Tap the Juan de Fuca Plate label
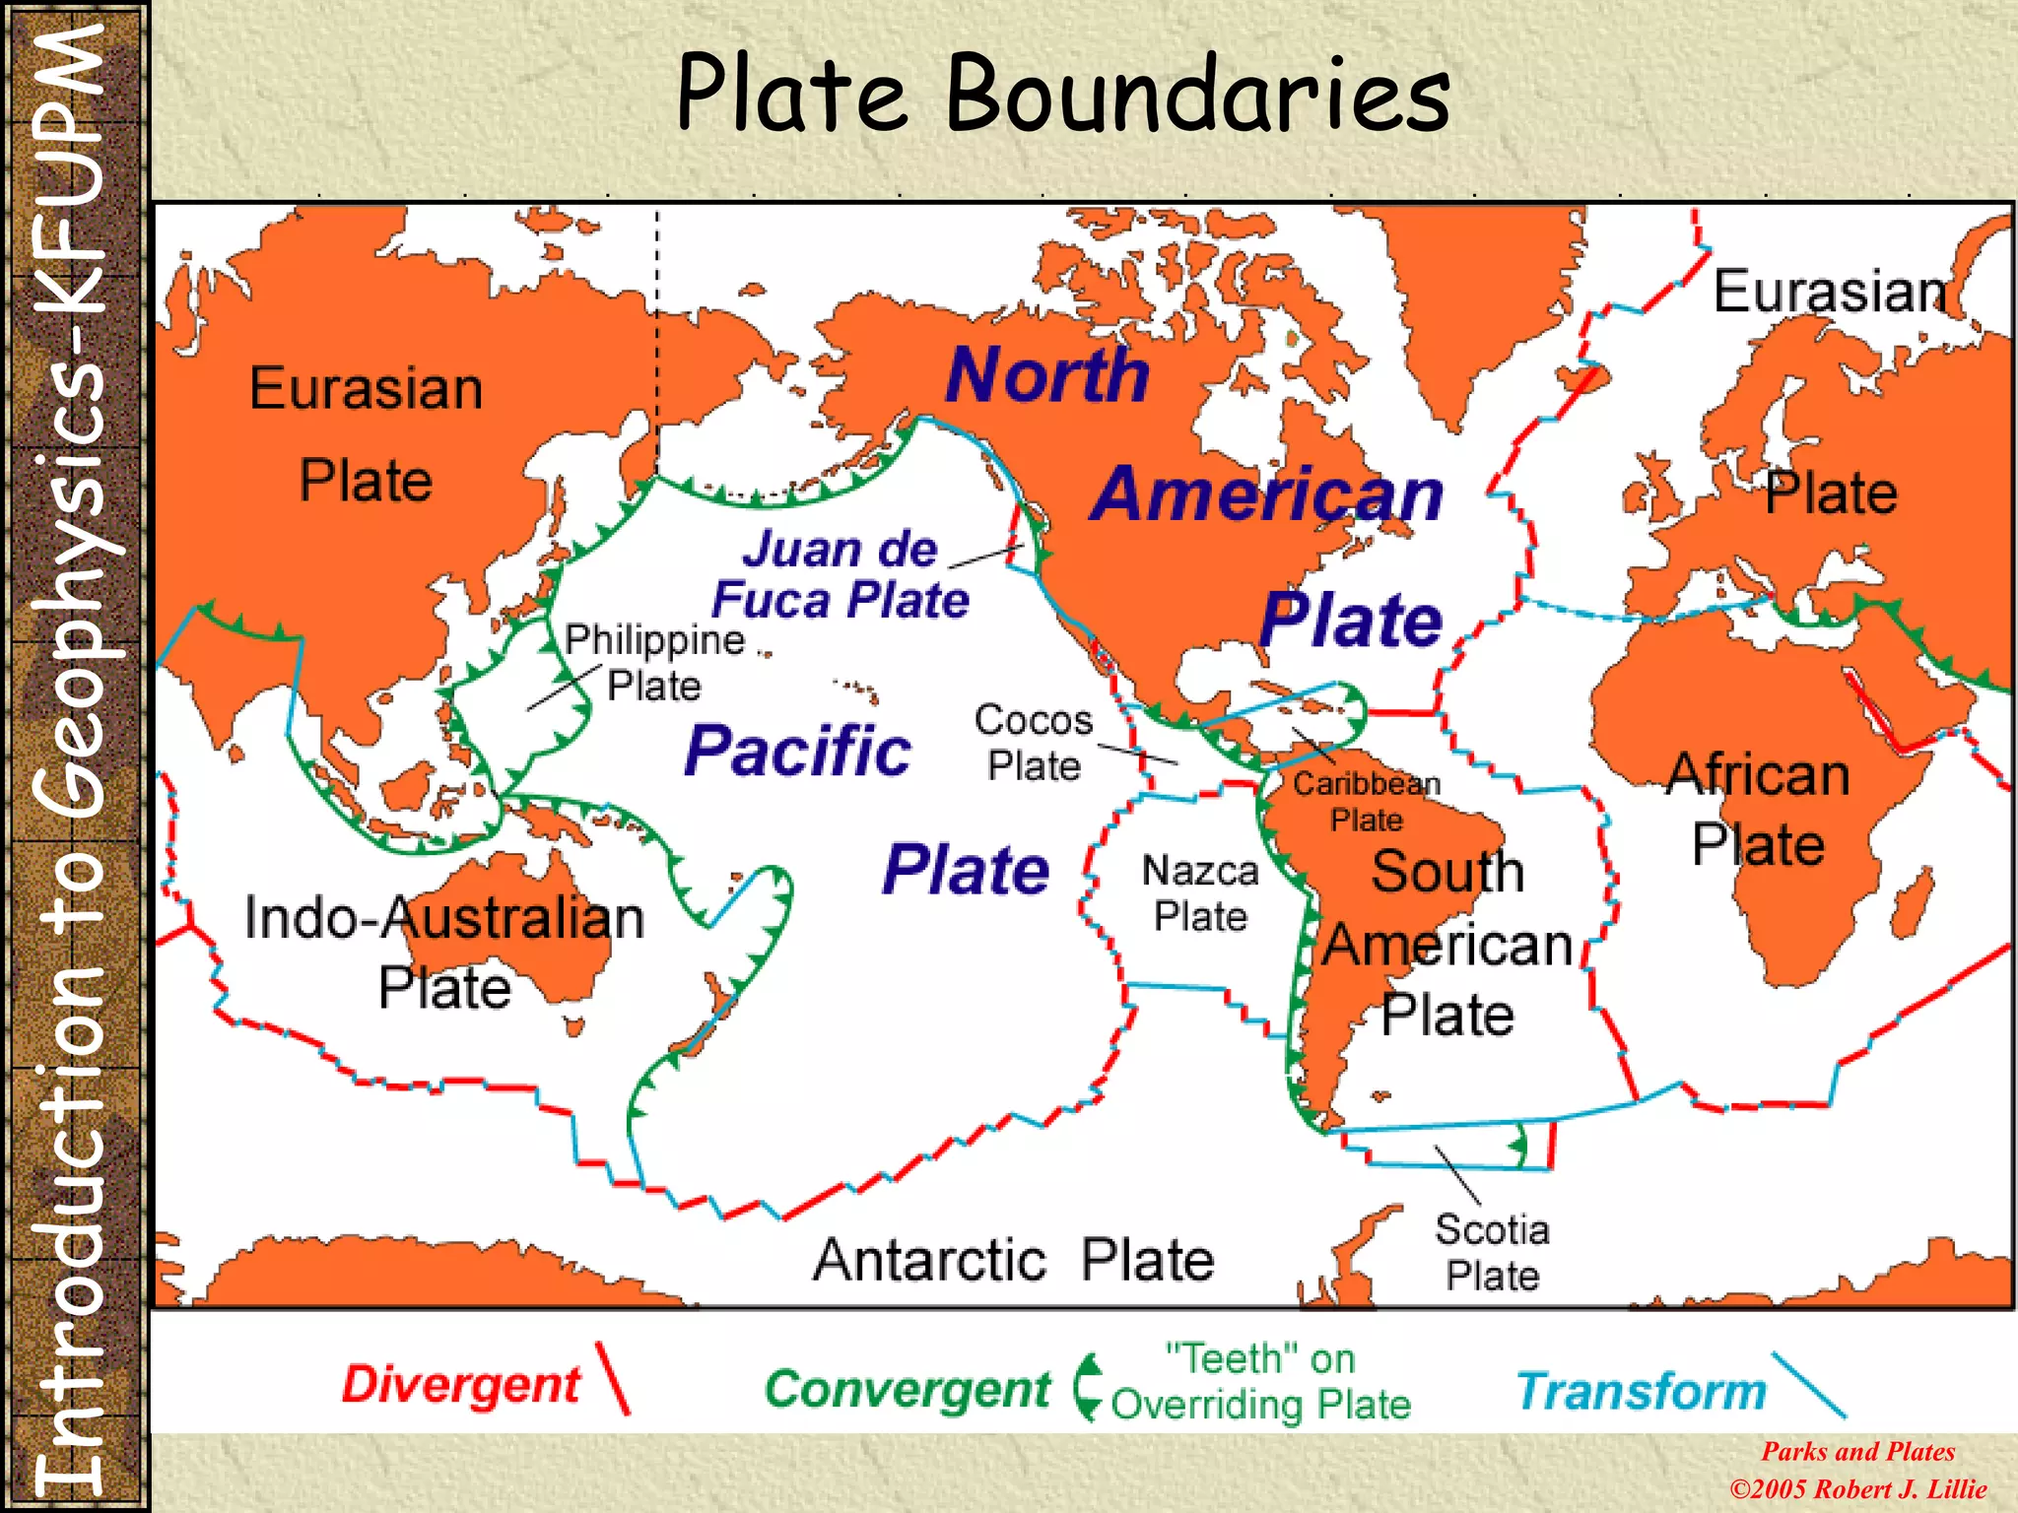pyautogui.click(x=841, y=574)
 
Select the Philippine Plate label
pyautogui.click(x=654, y=662)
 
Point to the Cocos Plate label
pyautogui.click(x=1034, y=742)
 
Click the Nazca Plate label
pyautogui.click(x=1200, y=893)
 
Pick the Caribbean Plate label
pyautogui.click(x=1367, y=801)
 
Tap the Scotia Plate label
pyautogui.click(x=1492, y=1252)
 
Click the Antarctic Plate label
pyautogui.click(x=1013, y=1260)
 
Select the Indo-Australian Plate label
pyautogui.click(x=444, y=952)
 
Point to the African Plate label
pyautogui.click(x=1758, y=809)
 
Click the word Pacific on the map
pyautogui.click(x=798, y=752)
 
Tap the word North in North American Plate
pyautogui.click(x=1047, y=375)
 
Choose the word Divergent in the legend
pyautogui.click(x=461, y=1385)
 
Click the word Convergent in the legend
pyautogui.click(x=908, y=1390)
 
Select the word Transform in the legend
pyautogui.click(x=1642, y=1391)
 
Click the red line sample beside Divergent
pyautogui.click(x=612, y=1378)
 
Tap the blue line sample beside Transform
pyautogui.click(x=1808, y=1384)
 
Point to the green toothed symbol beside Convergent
pyautogui.click(x=1087, y=1387)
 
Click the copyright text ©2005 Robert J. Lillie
pyautogui.click(x=1858, y=1488)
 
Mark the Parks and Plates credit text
pyautogui.click(x=1858, y=1451)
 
